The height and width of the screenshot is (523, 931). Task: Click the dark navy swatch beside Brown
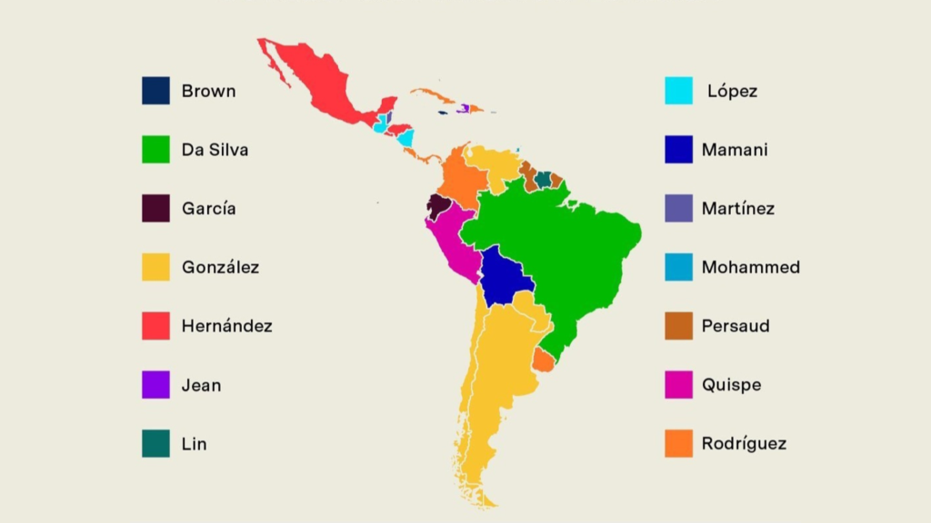[x=155, y=91]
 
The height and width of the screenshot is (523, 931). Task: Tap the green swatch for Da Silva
[x=155, y=150]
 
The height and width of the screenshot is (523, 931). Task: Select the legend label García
[x=208, y=209]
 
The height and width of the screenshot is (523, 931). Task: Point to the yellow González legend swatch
[x=155, y=267]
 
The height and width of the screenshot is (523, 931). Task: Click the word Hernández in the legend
[x=226, y=326]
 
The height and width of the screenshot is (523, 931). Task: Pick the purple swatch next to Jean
[x=155, y=385]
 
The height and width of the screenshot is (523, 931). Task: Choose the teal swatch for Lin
[x=155, y=444]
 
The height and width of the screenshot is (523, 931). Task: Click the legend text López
[x=732, y=91]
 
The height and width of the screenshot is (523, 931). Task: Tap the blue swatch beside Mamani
[x=678, y=150]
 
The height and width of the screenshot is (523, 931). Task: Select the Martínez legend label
[x=737, y=209]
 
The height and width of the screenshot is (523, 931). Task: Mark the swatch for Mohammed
[x=678, y=267]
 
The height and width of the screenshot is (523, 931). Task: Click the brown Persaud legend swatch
[x=678, y=326]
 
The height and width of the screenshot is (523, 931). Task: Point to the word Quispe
[x=731, y=385]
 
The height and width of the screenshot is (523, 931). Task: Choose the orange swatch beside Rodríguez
[x=678, y=444]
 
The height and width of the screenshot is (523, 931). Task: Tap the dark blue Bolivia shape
[x=506, y=278]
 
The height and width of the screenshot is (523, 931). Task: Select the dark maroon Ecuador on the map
[x=439, y=208]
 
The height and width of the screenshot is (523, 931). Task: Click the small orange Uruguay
[x=543, y=360]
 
